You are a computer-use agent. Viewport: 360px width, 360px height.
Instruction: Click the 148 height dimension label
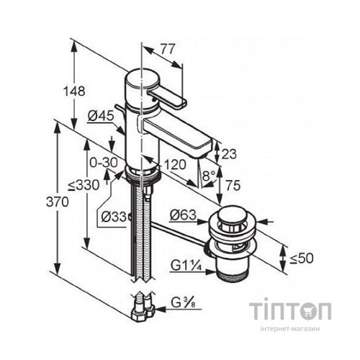coord(74,91)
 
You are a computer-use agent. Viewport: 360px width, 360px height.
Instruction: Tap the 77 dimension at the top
coord(168,49)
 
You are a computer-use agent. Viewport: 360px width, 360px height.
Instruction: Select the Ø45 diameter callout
coord(101,117)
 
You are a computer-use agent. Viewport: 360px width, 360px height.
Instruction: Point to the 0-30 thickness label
coord(104,163)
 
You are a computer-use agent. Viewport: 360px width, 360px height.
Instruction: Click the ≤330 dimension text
coord(84,185)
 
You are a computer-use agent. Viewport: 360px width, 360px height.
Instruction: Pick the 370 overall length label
coord(58,202)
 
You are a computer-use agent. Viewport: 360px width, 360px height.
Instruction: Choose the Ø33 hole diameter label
coord(114,217)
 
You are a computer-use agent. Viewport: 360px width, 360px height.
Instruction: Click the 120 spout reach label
coord(175,165)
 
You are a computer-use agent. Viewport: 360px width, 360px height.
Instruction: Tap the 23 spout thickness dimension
coord(229,154)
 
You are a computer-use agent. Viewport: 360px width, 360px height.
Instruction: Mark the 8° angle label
coord(208,176)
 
